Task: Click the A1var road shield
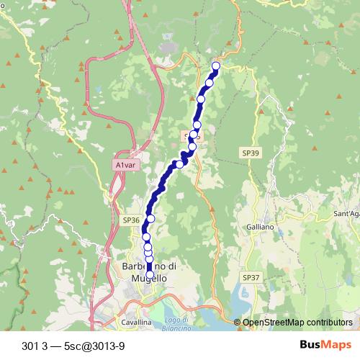pyautogui.click(x=124, y=165)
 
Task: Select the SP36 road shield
pyautogui.click(x=130, y=220)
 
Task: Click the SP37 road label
pyautogui.click(x=250, y=277)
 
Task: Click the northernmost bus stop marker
pyautogui.click(x=215, y=66)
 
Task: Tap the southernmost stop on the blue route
pyautogui.click(x=150, y=274)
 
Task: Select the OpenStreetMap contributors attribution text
pyautogui.click(x=297, y=323)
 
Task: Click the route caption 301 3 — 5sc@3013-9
pyautogui.click(x=73, y=345)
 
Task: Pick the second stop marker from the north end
pyautogui.click(x=209, y=83)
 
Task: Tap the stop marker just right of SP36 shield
pyautogui.click(x=150, y=219)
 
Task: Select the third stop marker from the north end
pyautogui.click(x=201, y=99)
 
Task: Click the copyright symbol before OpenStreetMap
pyautogui.click(x=238, y=323)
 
